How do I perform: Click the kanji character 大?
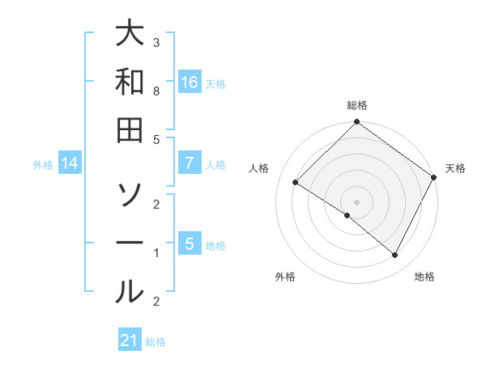pos(130,35)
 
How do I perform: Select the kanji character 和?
pos(130,82)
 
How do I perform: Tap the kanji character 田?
pos(130,129)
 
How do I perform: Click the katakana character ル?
pos(130,290)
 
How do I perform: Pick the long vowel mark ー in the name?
pos(130,243)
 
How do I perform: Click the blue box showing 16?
pos(189,82)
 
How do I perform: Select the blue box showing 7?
pos(189,163)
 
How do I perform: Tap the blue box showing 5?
pos(189,243)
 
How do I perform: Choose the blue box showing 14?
pos(70,163)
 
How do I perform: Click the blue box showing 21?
pos(130,340)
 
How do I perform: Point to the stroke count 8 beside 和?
pos(156,92)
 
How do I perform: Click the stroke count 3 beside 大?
pos(156,42)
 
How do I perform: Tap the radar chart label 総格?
pos(357,105)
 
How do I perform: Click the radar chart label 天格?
pos(455,168)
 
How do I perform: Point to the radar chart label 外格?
pos(284,277)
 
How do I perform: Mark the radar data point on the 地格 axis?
pos(395,255)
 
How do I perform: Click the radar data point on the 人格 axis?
pos(296,183)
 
